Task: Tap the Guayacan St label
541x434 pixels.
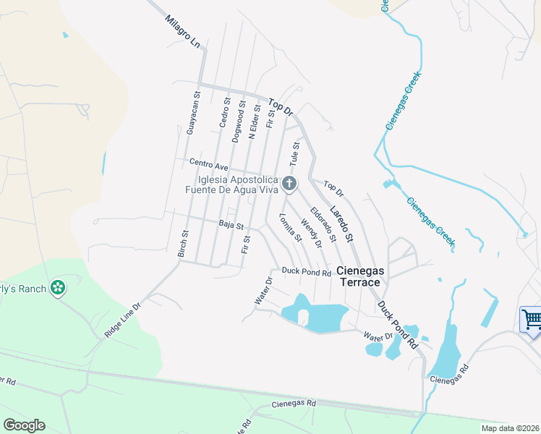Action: tap(191, 114)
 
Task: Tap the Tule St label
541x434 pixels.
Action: tap(295, 153)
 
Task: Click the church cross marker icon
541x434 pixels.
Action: tap(289, 184)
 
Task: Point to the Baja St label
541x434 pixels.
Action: tap(231, 225)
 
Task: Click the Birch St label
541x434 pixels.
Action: tap(184, 244)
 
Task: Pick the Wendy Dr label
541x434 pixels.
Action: tap(311, 234)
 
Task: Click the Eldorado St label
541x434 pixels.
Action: tap(323, 224)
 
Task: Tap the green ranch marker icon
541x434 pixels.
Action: tap(58, 289)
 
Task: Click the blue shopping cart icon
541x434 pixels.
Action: tap(531, 318)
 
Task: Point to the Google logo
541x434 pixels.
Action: tap(24, 425)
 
